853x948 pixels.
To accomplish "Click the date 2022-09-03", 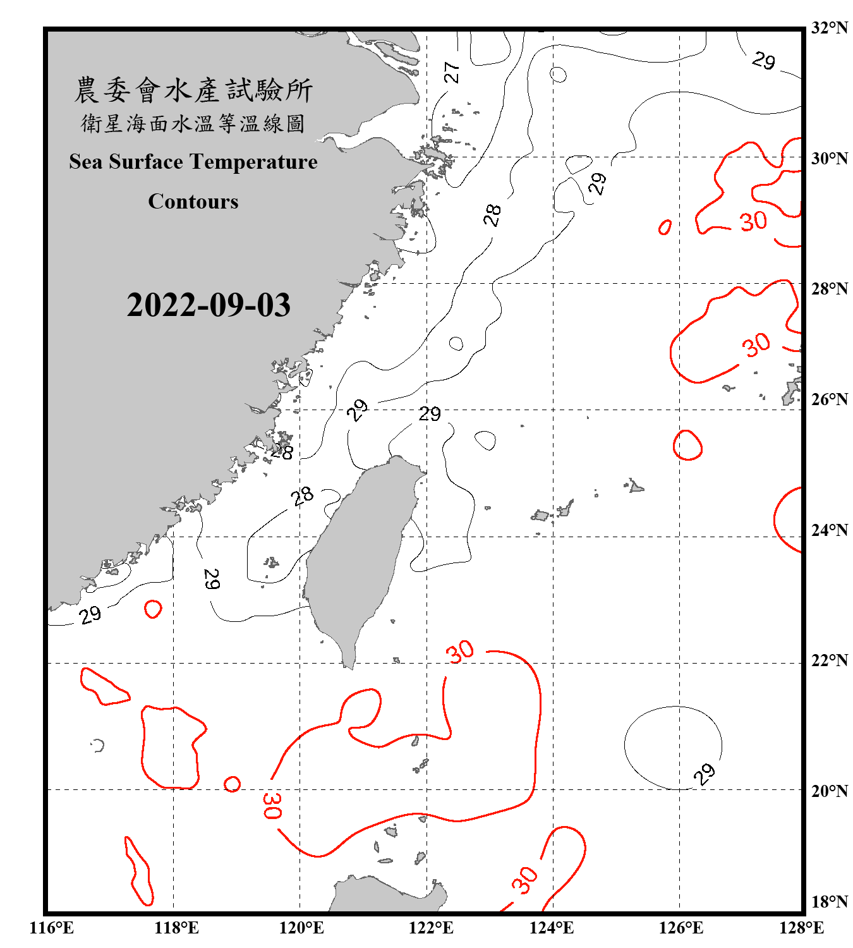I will pyautogui.click(x=209, y=305).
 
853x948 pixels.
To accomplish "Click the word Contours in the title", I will pyautogui.click(x=193, y=202).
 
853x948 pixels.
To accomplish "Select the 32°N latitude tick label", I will pyautogui.click(x=829, y=28).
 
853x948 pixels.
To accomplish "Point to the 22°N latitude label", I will pyautogui.click(x=829, y=660).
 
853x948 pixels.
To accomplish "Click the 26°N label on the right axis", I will pyautogui.click(x=829, y=399).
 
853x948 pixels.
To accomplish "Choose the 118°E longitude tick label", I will pyautogui.click(x=176, y=928).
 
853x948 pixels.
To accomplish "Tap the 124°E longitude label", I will pyautogui.click(x=552, y=928).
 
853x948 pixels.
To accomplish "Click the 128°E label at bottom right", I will pyautogui.click(x=801, y=928).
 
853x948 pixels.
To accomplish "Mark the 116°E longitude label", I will pyautogui.click(x=52, y=928).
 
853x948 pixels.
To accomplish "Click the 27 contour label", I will pyautogui.click(x=451, y=72).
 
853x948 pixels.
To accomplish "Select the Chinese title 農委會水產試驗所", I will pyautogui.click(x=193, y=90).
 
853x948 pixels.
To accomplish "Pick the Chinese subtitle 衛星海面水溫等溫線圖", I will pyautogui.click(x=193, y=124).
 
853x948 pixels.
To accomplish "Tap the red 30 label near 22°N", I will pyautogui.click(x=460, y=651).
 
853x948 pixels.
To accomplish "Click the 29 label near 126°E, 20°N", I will pyautogui.click(x=704, y=774).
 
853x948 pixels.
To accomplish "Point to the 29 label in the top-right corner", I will pyautogui.click(x=763, y=61).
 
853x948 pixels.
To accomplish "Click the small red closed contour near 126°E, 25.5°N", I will pyautogui.click(x=687, y=445).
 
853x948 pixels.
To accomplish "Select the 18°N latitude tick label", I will pyautogui.click(x=829, y=902).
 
